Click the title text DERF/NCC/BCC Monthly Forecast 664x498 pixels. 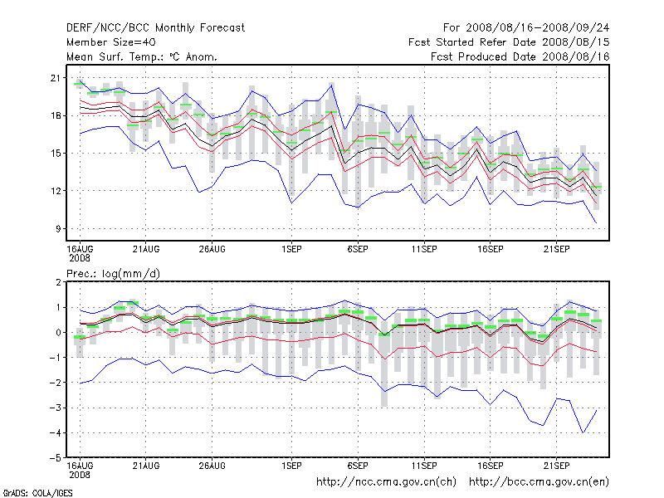coord(155,27)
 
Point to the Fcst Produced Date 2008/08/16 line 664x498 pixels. coord(520,56)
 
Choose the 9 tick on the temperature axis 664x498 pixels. coord(60,228)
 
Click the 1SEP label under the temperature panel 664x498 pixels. coord(291,248)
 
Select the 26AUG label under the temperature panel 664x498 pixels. coord(212,248)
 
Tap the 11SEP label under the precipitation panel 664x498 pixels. coord(424,464)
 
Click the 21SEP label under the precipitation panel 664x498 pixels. coord(556,464)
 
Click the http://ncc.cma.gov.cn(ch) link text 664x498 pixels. coord(387,481)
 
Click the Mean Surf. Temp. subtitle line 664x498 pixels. coord(142,56)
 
